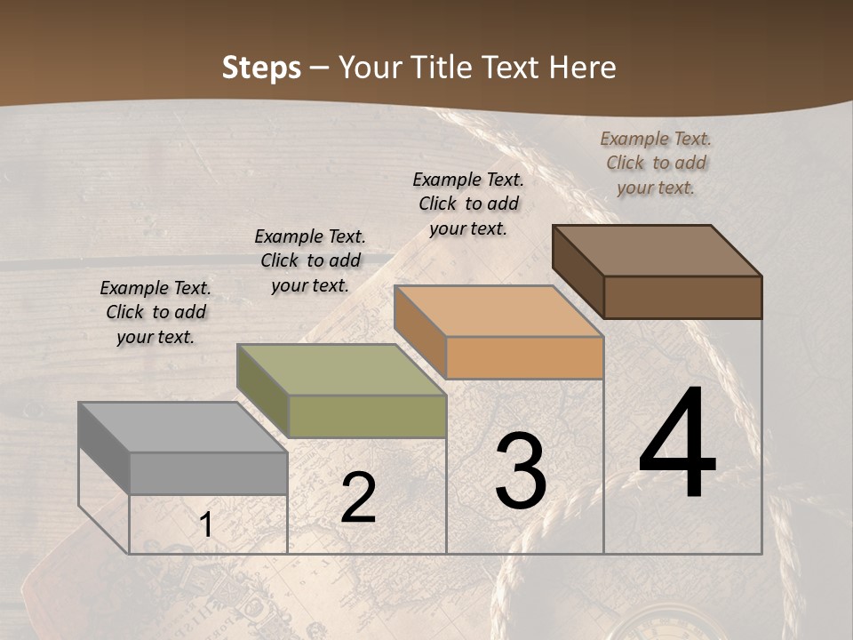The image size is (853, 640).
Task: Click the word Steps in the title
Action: (261, 68)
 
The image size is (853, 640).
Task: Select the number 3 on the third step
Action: (521, 471)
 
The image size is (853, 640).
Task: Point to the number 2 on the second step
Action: (358, 498)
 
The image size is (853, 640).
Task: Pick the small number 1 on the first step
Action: (206, 524)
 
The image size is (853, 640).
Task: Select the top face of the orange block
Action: (498, 311)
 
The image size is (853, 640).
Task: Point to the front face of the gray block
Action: (209, 473)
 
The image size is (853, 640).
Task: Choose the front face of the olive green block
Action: (367, 416)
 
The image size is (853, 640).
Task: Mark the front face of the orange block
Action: (525, 358)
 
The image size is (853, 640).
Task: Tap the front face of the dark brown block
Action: (683, 297)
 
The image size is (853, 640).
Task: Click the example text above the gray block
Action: (155, 312)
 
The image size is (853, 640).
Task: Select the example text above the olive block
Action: (310, 260)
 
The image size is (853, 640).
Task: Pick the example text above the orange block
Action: (468, 204)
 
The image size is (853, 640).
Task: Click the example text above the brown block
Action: (656, 163)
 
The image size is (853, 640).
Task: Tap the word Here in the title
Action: (583, 68)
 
